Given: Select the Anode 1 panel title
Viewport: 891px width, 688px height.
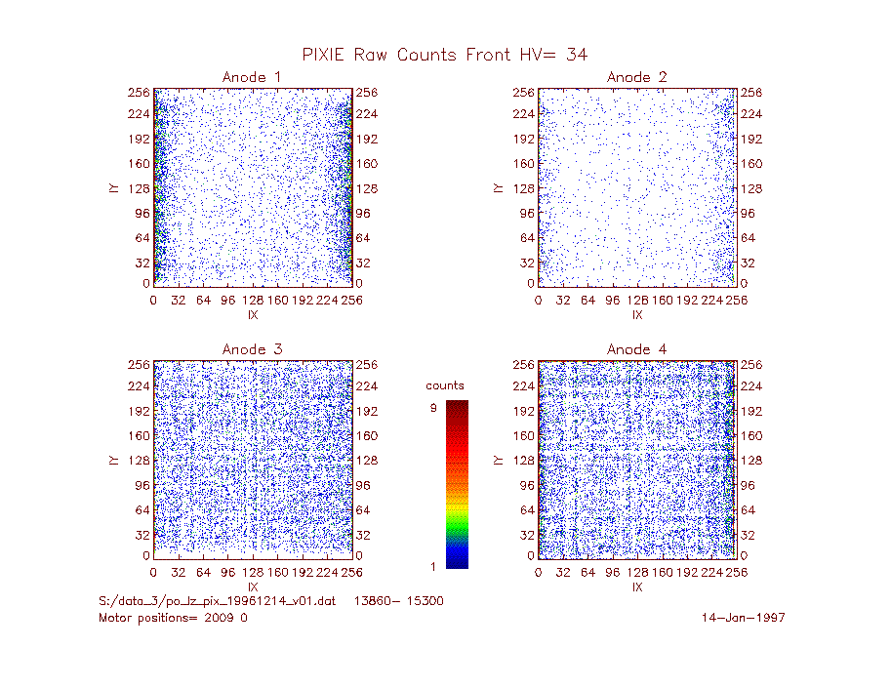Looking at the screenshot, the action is [x=252, y=77].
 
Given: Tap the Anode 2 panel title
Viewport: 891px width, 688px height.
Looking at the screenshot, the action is [x=636, y=77].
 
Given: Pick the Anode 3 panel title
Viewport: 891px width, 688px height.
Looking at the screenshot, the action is [x=252, y=349].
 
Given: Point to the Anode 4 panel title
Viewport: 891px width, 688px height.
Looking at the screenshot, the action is [x=636, y=349].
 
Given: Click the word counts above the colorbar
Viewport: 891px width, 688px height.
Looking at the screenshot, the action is [x=445, y=385].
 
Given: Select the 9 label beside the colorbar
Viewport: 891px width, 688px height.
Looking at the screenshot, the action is [x=433, y=408].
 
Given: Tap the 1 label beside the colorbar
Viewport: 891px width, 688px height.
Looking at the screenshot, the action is [x=433, y=566].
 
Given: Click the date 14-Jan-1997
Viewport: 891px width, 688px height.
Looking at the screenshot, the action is [x=744, y=618].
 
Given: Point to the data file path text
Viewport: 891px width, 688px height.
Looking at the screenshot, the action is [x=217, y=601].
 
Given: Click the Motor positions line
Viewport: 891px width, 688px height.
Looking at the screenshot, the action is [x=173, y=618].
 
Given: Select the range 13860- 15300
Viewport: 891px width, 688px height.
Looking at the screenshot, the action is [x=399, y=601].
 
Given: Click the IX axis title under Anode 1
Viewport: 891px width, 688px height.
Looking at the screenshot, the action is [x=253, y=315].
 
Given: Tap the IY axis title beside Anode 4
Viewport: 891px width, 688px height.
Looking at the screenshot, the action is [x=498, y=461].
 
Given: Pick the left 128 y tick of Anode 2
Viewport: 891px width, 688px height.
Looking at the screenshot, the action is [x=523, y=188].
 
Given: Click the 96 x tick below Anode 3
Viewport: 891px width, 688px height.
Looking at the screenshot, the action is [x=227, y=572].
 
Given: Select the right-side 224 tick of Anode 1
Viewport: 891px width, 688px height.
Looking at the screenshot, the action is [x=367, y=114].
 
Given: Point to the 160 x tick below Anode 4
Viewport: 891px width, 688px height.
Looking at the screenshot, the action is [x=662, y=572].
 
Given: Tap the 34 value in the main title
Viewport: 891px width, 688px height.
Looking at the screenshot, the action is [x=577, y=55].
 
